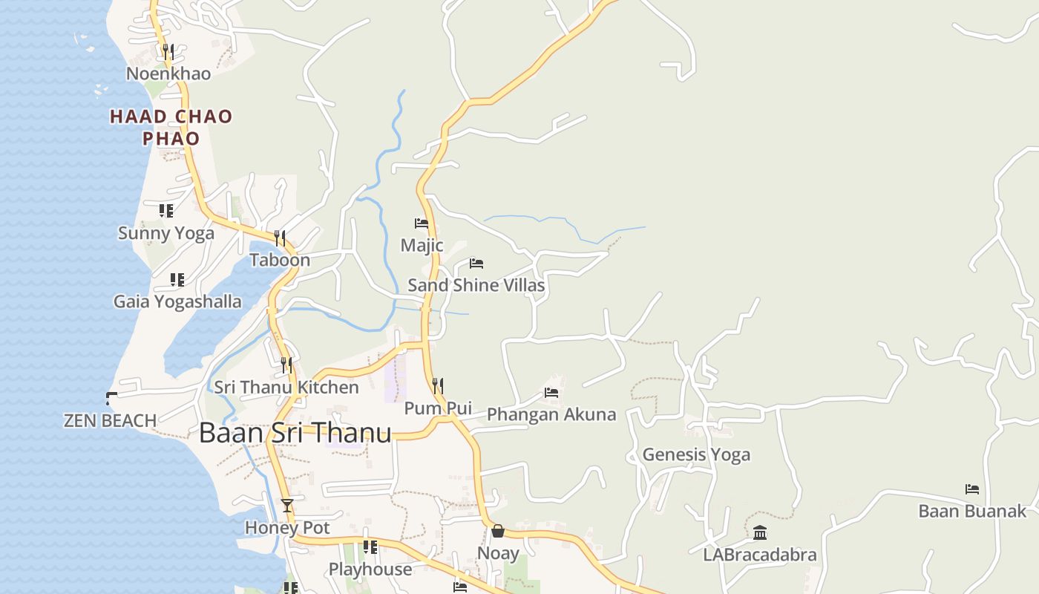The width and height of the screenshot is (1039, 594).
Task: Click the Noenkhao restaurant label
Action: click(168, 74)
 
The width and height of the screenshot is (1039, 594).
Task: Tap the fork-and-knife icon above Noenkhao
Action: click(168, 52)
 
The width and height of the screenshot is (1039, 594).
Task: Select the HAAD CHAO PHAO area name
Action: click(171, 127)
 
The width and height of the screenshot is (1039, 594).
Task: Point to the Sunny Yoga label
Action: click(166, 233)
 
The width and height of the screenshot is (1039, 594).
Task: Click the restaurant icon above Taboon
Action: click(280, 238)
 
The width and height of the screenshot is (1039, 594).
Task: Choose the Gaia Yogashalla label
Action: click(177, 301)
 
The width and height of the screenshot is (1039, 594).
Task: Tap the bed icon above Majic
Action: click(422, 223)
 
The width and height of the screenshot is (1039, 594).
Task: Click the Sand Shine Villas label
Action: click(476, 285)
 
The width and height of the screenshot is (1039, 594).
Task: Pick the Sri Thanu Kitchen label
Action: click(286, 388)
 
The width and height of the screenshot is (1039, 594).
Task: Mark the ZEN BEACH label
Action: click(110, 421)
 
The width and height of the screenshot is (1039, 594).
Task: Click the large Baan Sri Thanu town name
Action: click(295, 433)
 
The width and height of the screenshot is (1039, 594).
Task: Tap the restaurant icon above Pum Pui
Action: click(438, 386)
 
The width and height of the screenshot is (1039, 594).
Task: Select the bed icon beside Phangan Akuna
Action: click(551, 393)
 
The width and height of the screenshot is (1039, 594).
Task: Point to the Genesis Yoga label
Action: click(696, 454)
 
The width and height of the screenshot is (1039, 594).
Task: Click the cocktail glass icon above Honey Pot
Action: click(287, 506)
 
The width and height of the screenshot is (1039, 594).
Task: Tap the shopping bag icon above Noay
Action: click(498, 532)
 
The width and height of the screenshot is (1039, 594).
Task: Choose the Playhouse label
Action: click(370, 569)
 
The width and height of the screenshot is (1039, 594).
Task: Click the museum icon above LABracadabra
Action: click(760, 533)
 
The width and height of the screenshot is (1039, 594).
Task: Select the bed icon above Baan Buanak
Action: click(972, 489)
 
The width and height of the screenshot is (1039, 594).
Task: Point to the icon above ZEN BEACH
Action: click(111, 399)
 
